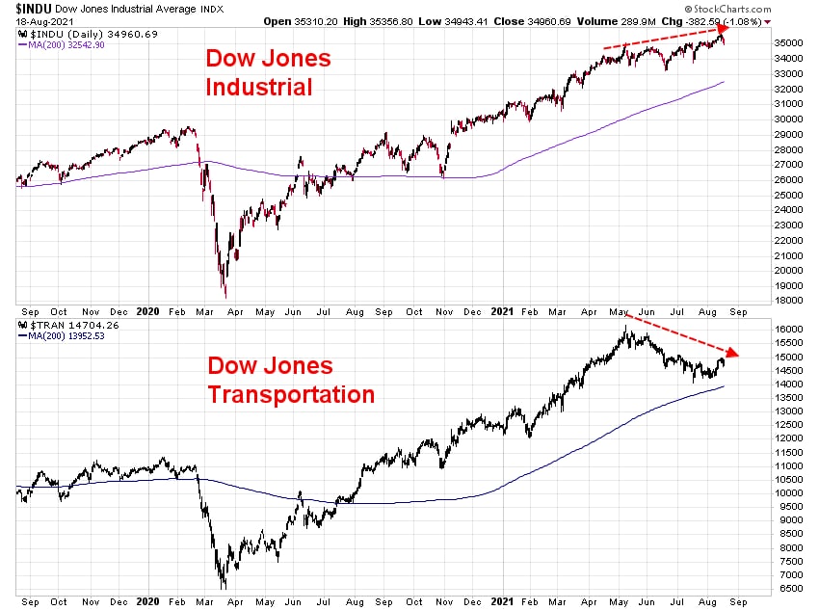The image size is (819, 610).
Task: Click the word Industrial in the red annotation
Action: pyautogui.click(x=259, y=87)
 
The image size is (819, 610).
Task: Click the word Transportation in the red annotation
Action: pyautogui.click(x=291, y=393)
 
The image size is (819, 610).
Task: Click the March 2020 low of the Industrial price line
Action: pyautogui.click(x=225, y=297)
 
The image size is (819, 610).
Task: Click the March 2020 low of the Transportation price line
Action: pyautogui.click(x=224, y=587)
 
